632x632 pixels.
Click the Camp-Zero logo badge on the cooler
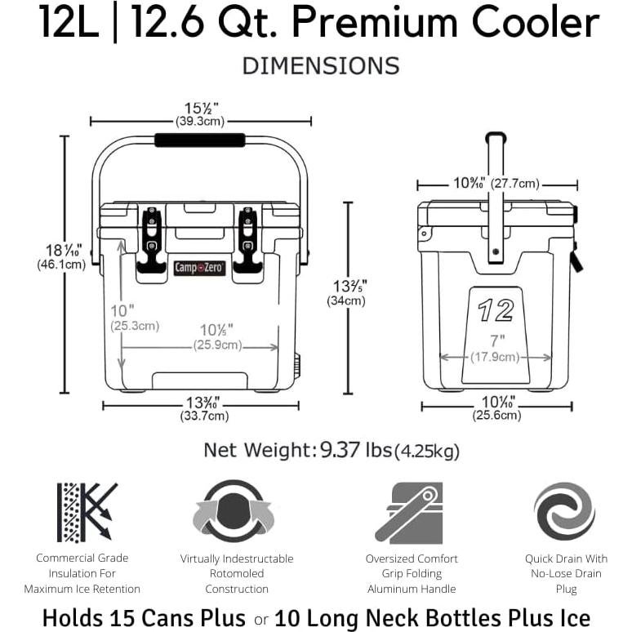(x=199, y=267)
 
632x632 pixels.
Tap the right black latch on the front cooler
(x=247, y=238)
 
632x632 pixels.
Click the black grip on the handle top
(x=199, y=140)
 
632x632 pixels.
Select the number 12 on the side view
(x=496, y=311)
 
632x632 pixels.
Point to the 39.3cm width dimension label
(x=200, y=122)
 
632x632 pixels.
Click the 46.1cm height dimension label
(x=61, y=265)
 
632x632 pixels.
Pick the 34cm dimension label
(x=346, y=300)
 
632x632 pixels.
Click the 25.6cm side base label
(x=496, y=416)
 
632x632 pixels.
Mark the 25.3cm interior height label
(x=135, y=326)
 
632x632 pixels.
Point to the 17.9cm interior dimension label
(x=495, y=357)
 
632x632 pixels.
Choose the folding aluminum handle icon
(x=412, y=513)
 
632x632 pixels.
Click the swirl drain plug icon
(x=564, y=511)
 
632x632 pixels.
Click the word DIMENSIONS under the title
(x=320, y=66)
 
